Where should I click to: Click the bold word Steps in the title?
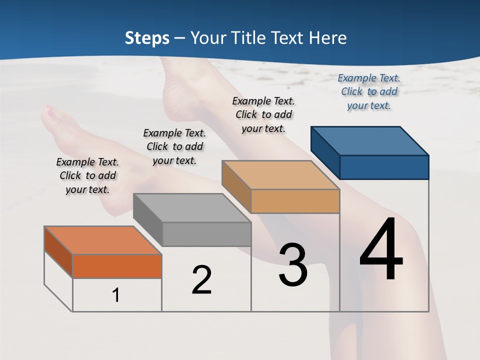[x=147, y=38]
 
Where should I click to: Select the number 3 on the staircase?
[x=293, y=264]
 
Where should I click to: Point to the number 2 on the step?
[x=201, y=280]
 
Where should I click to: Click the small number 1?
[x=116, y=295]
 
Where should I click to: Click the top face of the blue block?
[x=370, y=140]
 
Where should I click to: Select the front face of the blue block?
[x=384, y=167]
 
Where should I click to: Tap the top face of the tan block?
[x=281, y=175]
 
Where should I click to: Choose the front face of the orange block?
[x=117, y=266]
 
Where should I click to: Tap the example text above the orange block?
[x=87, y=175]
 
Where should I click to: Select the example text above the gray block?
[x=174, y=146]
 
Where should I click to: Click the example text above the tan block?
[x=263, y=114]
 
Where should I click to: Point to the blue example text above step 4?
[x=369, y=91]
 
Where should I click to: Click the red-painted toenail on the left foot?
[x=49, y=113]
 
